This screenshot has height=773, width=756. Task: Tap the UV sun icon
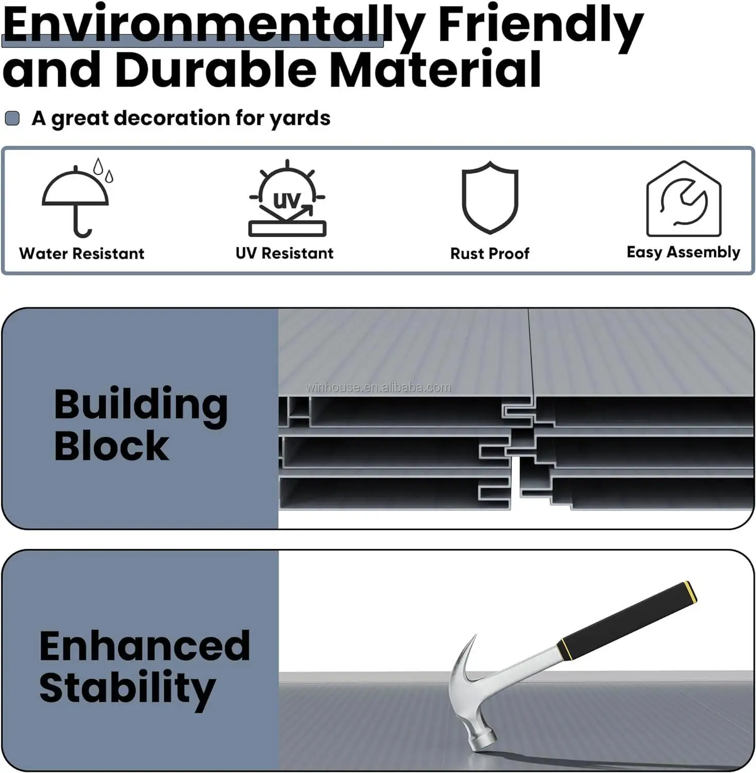coord(287,198)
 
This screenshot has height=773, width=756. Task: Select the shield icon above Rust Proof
coord(490,197)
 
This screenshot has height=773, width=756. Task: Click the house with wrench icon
coord(683,199)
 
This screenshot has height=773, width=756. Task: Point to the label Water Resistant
coord(82,254)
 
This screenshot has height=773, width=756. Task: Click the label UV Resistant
coord(284,253)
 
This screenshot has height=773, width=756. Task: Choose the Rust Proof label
coord(490,254)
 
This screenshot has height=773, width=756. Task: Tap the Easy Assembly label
coord(683,252)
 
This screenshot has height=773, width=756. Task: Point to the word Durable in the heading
coord(216,70)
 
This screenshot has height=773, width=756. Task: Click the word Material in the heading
coord(436,70)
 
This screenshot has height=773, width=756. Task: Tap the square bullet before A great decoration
coord(12,119)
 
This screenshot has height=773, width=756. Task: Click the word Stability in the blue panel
coord(127,689)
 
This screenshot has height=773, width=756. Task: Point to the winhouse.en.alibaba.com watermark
coord(379,388)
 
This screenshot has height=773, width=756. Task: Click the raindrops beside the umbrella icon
coord(103,170)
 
